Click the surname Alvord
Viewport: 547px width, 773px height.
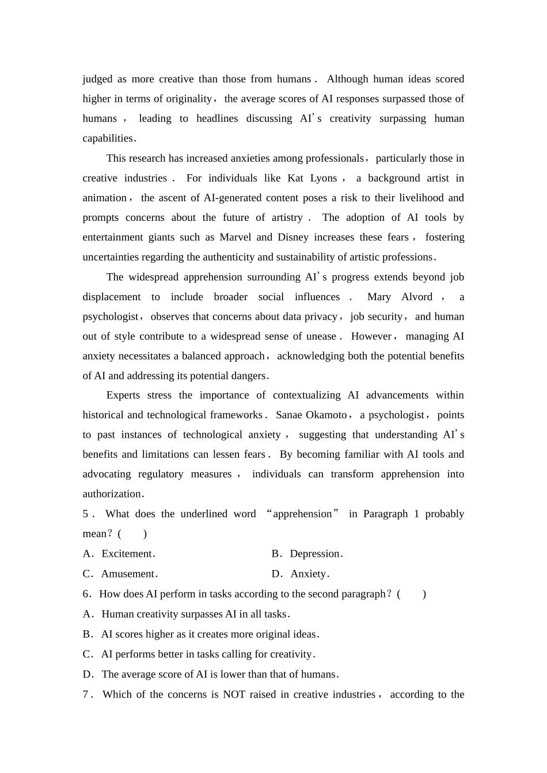(x=417, y=297)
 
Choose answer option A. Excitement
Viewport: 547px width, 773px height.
(x=119, y=554)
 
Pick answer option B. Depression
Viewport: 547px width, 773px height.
(x=307, y=554)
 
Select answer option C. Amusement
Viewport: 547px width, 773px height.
(x=120, y=574)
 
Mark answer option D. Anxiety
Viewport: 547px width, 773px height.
(x=301, y=574)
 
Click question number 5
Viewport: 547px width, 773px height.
(x=86, y=514)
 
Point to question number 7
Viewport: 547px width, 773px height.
(x=86, y=695)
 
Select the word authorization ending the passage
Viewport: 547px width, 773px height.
(x=112, y=494)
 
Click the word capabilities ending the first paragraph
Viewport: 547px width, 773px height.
(x=108, y=139)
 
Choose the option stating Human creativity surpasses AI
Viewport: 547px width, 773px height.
(x=196, y=614)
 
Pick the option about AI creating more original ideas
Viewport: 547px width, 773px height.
(x=210, y=634)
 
